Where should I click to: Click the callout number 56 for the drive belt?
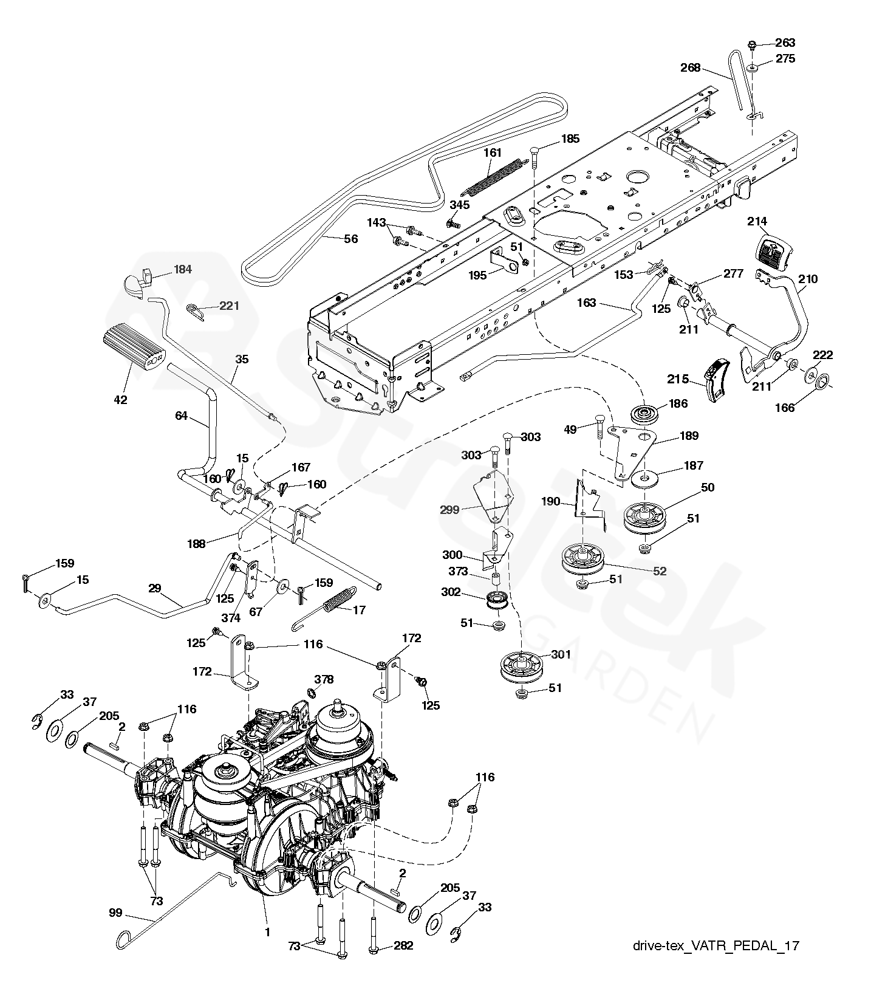tap(351, 239)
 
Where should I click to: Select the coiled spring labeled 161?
tap(493, 175)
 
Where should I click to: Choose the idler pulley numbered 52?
tap(582, 560)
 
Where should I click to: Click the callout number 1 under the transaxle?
tap(267, 931)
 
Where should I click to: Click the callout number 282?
tap(403, 945)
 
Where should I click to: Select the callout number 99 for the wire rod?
tap(115, 913)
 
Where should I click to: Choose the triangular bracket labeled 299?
tap(491, 499)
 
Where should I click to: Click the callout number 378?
tap(324, 679)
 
